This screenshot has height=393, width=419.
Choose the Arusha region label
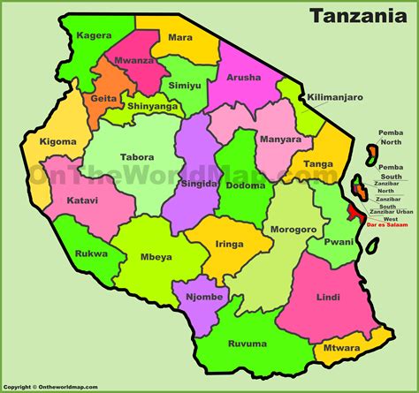[245, 77]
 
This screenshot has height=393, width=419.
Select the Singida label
[198, 184]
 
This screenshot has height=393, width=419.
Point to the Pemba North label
[390, 138]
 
